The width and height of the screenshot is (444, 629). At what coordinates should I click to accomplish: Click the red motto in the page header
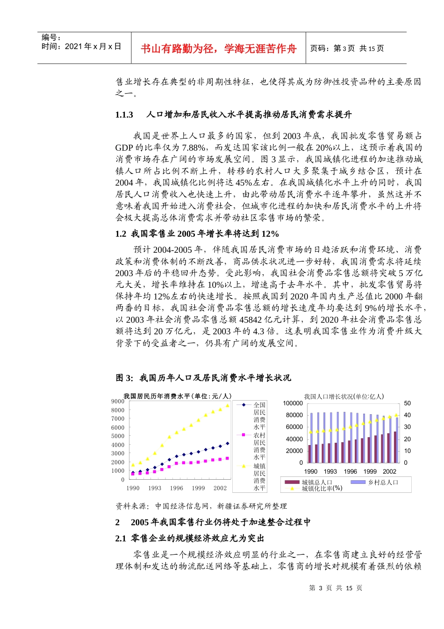click(x=218, y=49)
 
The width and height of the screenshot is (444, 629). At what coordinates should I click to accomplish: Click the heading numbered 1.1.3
click(x=233, y=115)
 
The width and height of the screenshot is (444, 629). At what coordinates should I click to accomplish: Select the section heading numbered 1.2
click(x=197, y=234)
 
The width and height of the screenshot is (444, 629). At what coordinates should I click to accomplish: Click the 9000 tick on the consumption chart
click(x=118, y=402)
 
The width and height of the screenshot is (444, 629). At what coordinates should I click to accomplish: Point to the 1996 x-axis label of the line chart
click(x=177, y=488)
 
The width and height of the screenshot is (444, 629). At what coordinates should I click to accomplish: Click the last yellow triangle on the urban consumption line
click(x=228, y=406)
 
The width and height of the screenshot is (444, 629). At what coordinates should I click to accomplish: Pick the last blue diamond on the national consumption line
click(x=228, y=443)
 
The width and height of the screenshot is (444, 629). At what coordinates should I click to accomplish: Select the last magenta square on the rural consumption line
click(x=228, y=458)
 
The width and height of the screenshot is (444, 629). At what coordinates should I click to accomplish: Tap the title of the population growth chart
click(x=344, y=396)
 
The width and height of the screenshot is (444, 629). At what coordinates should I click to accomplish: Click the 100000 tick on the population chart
click(x=293, y=403)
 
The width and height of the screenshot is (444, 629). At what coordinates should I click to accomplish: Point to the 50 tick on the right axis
click(x=408, y=403)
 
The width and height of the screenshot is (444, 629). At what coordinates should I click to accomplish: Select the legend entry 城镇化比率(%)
click(x=322, y=488)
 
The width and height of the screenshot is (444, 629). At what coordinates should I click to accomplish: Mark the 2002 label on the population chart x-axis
click(x=389, y=472)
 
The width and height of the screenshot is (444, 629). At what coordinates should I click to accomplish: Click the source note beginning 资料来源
click(x=201, y=506)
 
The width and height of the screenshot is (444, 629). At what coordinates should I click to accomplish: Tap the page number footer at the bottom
click(x=336, y=588)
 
